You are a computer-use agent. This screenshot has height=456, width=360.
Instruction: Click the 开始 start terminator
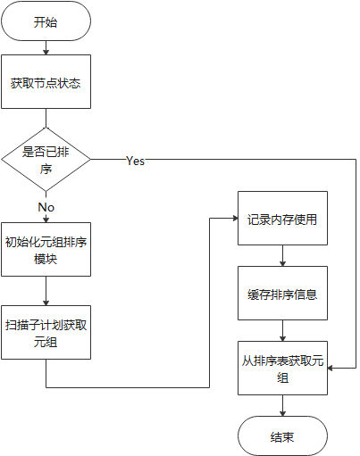pyautogui.click(x=46, y=22)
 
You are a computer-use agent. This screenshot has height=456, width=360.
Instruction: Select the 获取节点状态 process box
pyautogui.click(x=46, y=83)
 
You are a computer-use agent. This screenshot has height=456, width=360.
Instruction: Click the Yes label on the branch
pyautogui.click(x=135, y=162)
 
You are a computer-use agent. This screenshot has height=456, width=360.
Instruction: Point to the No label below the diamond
pyautogui.click(x=46, y=207)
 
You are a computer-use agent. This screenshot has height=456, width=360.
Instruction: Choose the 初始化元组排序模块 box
pyautogui.click(x=46, y=250)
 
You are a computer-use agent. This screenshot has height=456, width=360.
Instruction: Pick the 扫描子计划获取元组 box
pyautogui.click(x=46, y=332)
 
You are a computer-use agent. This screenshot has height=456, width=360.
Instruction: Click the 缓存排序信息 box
pyautogui.click(x=282, y=294)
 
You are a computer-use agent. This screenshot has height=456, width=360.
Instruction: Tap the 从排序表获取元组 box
pyautogui.click(x=282, y=368)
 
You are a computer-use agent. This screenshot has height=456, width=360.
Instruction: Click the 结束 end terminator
pyautogui.click(x=282, y=436)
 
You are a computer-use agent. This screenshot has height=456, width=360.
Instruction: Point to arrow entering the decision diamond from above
pyautogui.click(x=46, y=120)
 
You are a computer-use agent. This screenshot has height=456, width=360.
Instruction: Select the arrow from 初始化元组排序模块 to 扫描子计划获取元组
pyautogui.click(x=46, y=292)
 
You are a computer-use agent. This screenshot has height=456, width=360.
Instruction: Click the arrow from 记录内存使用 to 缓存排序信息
pyautogui.click(x=282, y=257)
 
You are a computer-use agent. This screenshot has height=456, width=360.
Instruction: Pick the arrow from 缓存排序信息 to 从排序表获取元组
pyautogui.click(x=282, y=332)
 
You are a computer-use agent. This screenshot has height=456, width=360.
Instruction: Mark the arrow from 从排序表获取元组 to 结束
pyautogui.click(x=282, y=406)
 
